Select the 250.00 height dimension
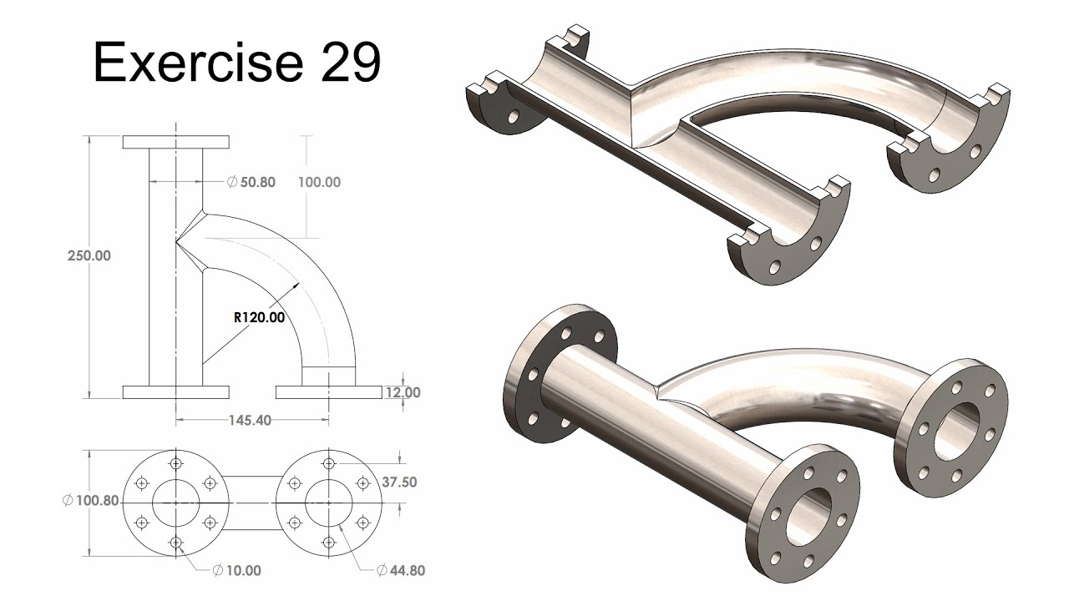(x=89, y=256)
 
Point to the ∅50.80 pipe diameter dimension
(x=251, y=181)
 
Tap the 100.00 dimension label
(x=319, y=181)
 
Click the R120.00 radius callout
(x=259, y=317)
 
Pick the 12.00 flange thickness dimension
(x=402, y=392)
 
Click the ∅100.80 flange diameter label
(x=91, y=502)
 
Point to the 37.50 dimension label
(x=399, y=482)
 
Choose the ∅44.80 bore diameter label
(x=400, y=571)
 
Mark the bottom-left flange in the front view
(x=176, y=392)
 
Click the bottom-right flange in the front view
(x=327, y=392)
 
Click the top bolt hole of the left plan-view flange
(x=176, y=464)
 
